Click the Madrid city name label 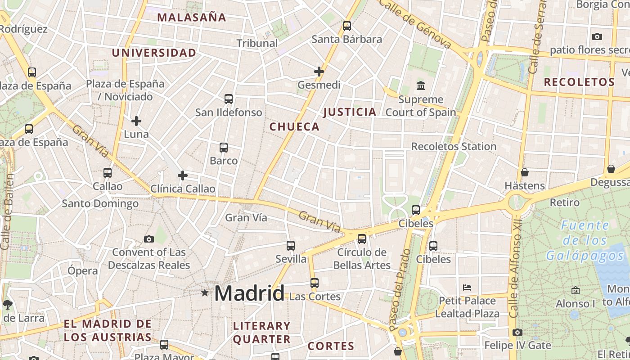pyautogui.click(x=249, y=293)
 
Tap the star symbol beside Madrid pyautogui.click(x=205, y=293)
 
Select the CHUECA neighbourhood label pyautogui.click(x=294, y=127)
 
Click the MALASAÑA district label pyautogui.click(x=192, y=18)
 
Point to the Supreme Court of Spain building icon pyautogui.click(x=421, y=85)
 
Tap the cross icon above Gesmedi pyautogui.click(x=319, y=72)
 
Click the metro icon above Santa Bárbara pyautogui.click(x=346, y=26)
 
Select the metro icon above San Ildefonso pyautogui.click(x=229, y=99)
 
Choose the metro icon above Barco pyautogui.click(x=224, y=148)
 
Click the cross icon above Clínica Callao pyautogui.click(x=183, y=175)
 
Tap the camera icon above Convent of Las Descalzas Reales pyautogui.click(x=149, y=239)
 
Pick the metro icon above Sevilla pyautogui.click(x=291, y=246)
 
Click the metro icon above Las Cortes pyautogui.click(x=315, y=283)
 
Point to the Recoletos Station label pyautogui.click(x=454, y=147)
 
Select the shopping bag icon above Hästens pyautogui.click(x=524, y=172)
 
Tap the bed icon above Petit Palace pyautogui.click(x=467, y=287)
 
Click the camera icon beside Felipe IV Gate pyautogui.click(x=517, y=333)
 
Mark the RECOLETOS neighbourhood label pyautogui.click(x=579, y=82)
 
